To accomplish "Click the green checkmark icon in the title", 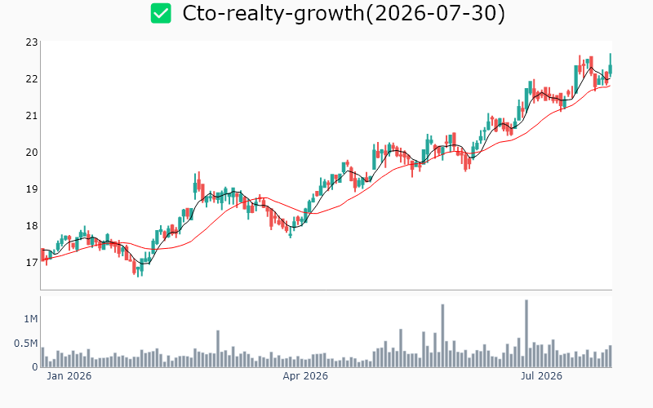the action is tap(161, 13).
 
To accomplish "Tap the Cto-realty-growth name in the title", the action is tap(273, 14).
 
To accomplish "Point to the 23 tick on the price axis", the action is tap(32, 42).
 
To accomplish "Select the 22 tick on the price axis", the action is tap(32, 78).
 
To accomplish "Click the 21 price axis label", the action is tap(32, 115).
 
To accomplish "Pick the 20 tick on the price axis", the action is tap(32, 153).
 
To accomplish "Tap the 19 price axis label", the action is tap(32, 189).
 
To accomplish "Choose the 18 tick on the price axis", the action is tap(32, 226).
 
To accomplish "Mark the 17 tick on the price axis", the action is tap(32, 262).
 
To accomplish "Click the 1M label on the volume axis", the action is tap(31, 319).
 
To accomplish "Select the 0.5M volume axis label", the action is tap(26, 344).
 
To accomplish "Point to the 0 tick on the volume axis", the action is tap(35, 366).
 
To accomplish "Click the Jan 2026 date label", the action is tap(69, 376).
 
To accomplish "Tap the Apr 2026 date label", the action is tap(305, 376).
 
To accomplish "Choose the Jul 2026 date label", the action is tap(541, 376).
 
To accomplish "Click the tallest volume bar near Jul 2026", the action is tap(526, 334).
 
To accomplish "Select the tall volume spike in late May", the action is tap(442, 335).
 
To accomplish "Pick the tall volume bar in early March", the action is tap(218, 349).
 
